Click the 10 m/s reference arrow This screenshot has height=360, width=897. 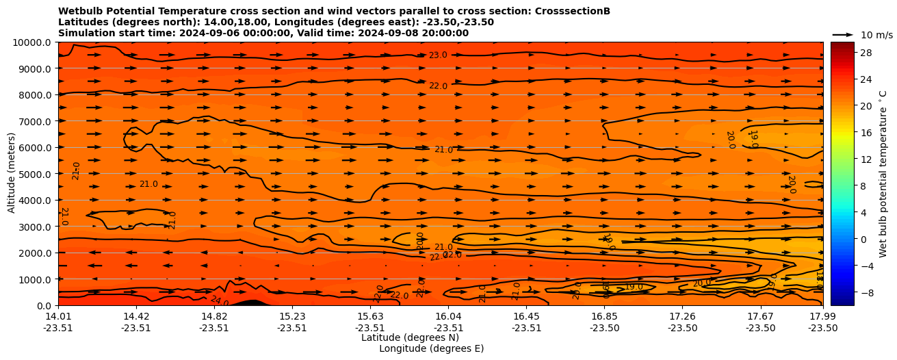(843, 34)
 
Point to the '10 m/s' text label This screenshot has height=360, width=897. (876, 35)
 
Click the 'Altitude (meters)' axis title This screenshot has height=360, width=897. (12, 174)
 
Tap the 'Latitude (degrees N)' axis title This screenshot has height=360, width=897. (410, 337)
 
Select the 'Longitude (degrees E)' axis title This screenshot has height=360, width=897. (431, 348)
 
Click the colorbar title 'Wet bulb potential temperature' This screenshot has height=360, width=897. (883, 174)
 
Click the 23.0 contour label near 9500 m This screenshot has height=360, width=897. (438, 55)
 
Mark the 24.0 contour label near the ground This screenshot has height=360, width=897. (219, 300)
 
